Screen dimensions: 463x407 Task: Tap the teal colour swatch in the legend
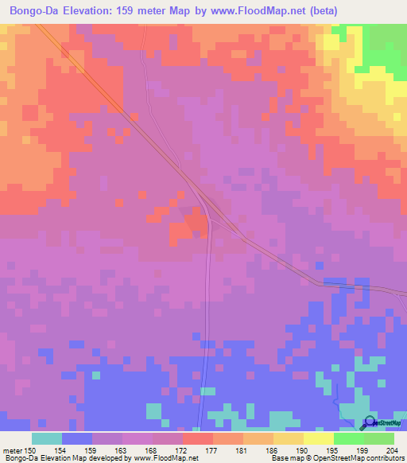47,438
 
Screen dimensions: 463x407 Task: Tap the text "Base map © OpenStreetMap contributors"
336,459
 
